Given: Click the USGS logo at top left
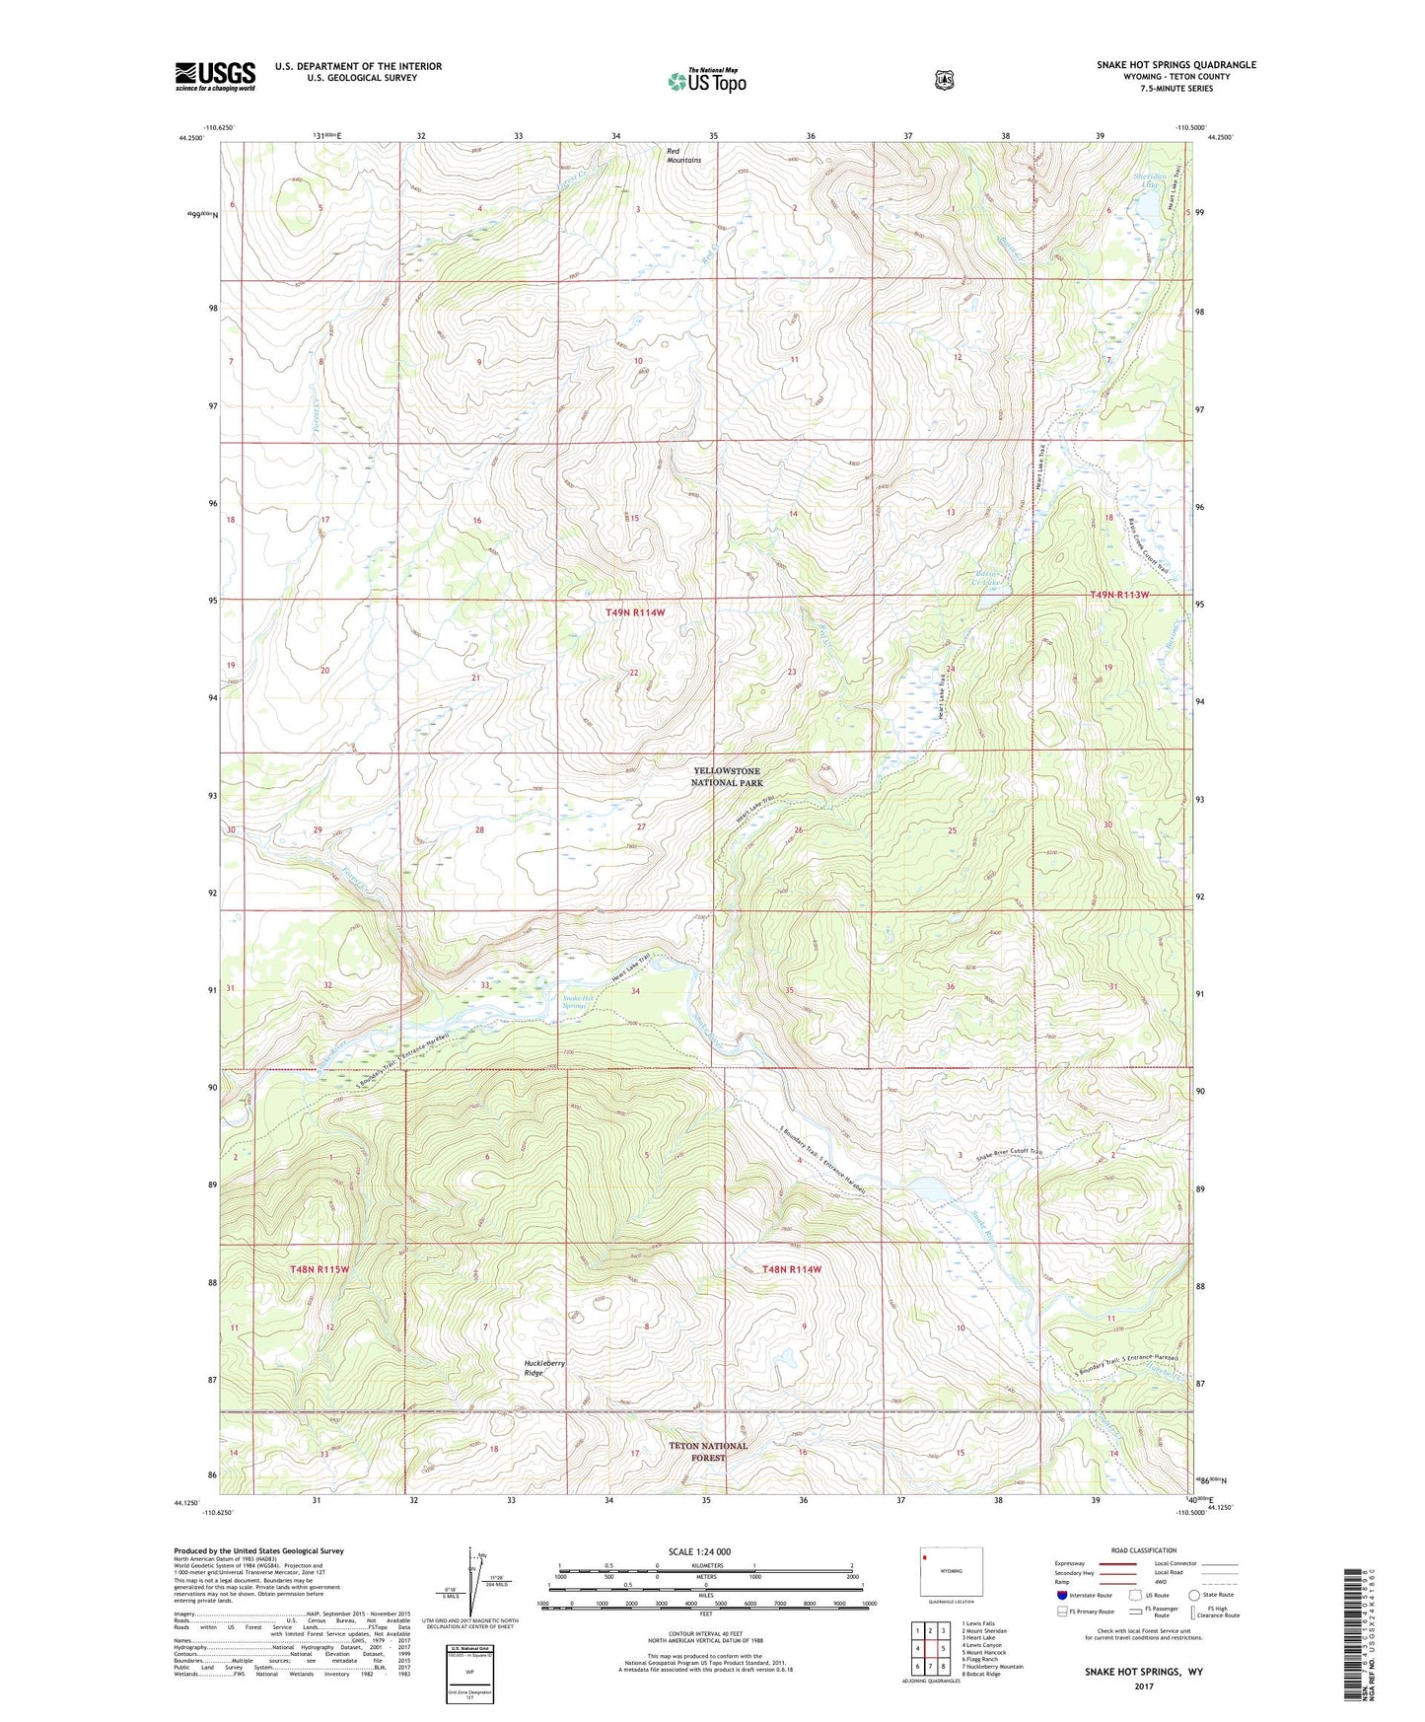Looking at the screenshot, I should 215,76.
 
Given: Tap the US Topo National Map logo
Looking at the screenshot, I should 705,80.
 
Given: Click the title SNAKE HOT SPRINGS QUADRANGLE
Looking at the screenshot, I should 1176,65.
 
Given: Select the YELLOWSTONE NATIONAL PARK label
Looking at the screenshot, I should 728,776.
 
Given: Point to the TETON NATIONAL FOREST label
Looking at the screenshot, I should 708,1451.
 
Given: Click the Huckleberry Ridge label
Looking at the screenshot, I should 544,1368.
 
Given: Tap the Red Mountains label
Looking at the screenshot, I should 683,155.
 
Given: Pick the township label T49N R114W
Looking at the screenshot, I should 635,612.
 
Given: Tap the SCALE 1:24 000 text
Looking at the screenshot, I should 699,1551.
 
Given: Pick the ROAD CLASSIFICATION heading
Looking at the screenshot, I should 1142,1550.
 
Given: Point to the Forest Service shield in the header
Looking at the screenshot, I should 944,80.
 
